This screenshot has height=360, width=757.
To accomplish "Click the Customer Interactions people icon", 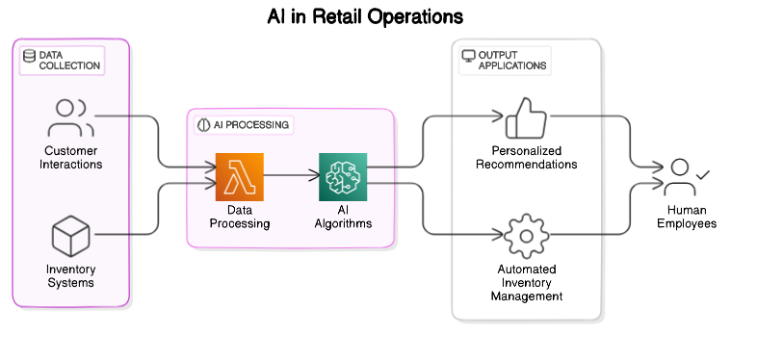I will point(70,117).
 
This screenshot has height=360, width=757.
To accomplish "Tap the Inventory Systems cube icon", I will point(70,235).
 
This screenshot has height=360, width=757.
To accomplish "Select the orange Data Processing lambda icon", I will point(239,176).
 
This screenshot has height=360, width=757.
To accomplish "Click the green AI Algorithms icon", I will point(343,176).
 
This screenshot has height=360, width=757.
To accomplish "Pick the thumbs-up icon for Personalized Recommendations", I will point(526,117).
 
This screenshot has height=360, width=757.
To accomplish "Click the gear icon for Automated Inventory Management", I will point(526,235).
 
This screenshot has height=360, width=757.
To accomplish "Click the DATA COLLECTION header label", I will point(68,61).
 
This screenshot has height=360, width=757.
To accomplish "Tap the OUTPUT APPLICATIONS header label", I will point(512,61).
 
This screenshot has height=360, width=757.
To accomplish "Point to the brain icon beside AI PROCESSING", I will point(204,125).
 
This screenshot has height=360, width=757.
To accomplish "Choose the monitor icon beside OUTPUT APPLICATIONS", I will point(469,56).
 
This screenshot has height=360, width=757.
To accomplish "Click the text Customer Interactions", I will point(70,158).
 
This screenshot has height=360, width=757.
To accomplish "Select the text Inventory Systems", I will point(70,275).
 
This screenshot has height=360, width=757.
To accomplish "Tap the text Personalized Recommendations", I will point(526,158).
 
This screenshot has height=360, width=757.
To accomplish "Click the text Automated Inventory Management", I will point(526,283).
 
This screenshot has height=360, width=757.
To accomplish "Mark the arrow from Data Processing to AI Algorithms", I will point(291,176).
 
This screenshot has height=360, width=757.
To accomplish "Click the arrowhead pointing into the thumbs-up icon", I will point(499,117).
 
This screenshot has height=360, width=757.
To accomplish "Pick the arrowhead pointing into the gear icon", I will point(499,235).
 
